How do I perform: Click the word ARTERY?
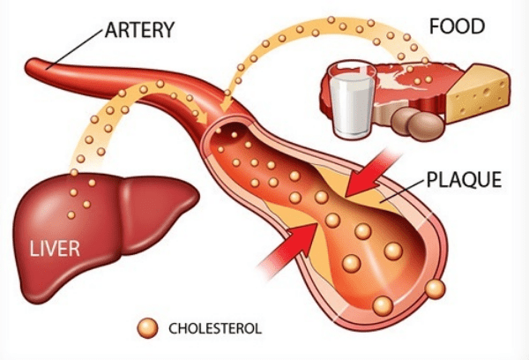(x=139, y=30)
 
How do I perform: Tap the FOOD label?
(x=457, y=26)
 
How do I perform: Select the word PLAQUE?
(x=464, y=179)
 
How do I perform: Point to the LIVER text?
(x=55, y=249)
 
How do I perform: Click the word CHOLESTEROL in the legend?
(x=215, y=328)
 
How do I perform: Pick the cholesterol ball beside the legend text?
(x=147, y=328)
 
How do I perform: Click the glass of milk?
(x=352, y=100)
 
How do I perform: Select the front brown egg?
(x=426, y=126)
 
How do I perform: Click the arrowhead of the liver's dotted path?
(x=202, y=117)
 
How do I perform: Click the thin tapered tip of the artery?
(x=30, y=65)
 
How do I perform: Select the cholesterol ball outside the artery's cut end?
(x=436, y=289)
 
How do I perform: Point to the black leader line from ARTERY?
(x=74, y=49)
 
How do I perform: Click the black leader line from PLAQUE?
(x=401, y=191)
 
